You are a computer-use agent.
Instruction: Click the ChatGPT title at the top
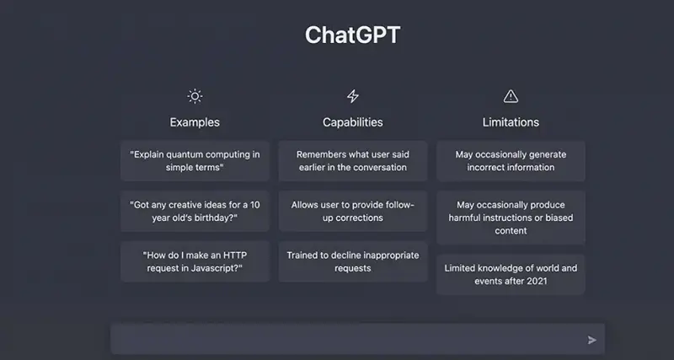click(x=352, y=35)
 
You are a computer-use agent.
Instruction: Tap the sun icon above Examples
click(x=195, y=96)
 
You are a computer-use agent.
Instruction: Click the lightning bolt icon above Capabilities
click(x=352, y=96)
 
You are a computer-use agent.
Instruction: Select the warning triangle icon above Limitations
click(x=511, y=96)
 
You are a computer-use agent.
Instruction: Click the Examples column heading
click(x=195, y=122)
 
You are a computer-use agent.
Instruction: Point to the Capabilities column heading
click(x=352, y=122)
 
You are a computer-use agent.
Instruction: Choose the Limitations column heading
click(x=511, y=122)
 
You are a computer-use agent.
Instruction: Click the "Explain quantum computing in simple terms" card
click(x=195, y=161)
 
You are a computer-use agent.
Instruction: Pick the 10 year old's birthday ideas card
click(x=195, y=211)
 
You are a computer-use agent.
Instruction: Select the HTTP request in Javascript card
click(x=195, y=261)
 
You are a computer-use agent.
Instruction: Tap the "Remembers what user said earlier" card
click(x=352, y=161)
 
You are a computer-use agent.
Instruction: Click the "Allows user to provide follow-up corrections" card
click(x=352, y=211)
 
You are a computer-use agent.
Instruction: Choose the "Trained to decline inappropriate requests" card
click(x=352, y=261)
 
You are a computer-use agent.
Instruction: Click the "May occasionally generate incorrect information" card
click(x=511, y=161)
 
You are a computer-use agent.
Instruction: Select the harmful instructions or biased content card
click(x=511, y=218)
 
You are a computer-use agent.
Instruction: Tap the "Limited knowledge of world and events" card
click(x=511, y=274)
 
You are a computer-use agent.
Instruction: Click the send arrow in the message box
click(x=592, y=341)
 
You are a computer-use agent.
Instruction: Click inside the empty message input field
click(x=348, y=340)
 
